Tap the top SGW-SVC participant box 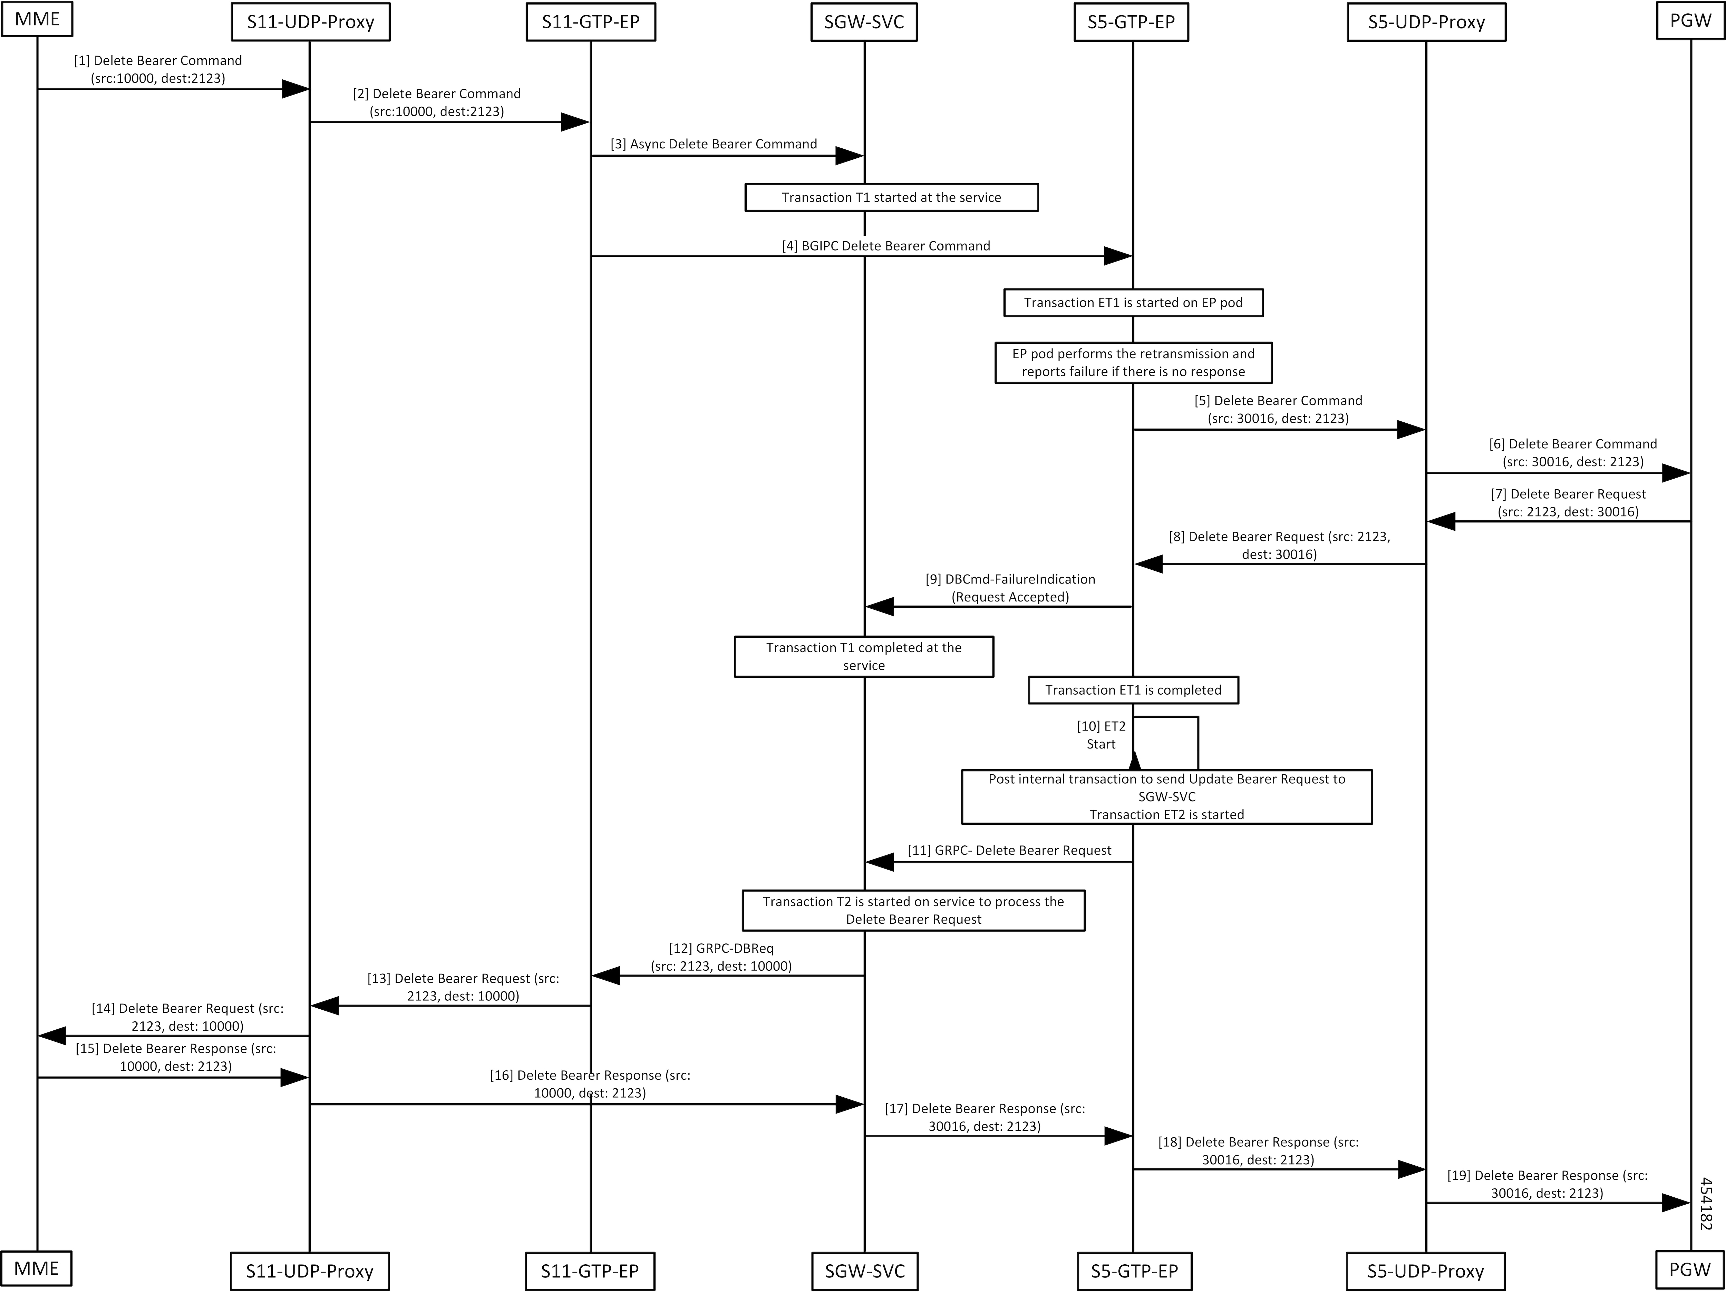(x=864, y=22)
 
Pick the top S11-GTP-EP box (x=591, y=22)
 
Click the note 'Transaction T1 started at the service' (x=891, y=197)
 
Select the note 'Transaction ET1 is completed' (x=1133, y=690)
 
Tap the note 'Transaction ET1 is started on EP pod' (x=1133, y=303)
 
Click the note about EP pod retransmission (x=1133, y=363)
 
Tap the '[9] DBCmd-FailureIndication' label (x=1010, y=588)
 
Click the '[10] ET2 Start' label (x=1101, y=735)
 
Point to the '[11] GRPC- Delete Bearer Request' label (x=1010, y=850)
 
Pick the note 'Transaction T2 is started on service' (x=913, y=910)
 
